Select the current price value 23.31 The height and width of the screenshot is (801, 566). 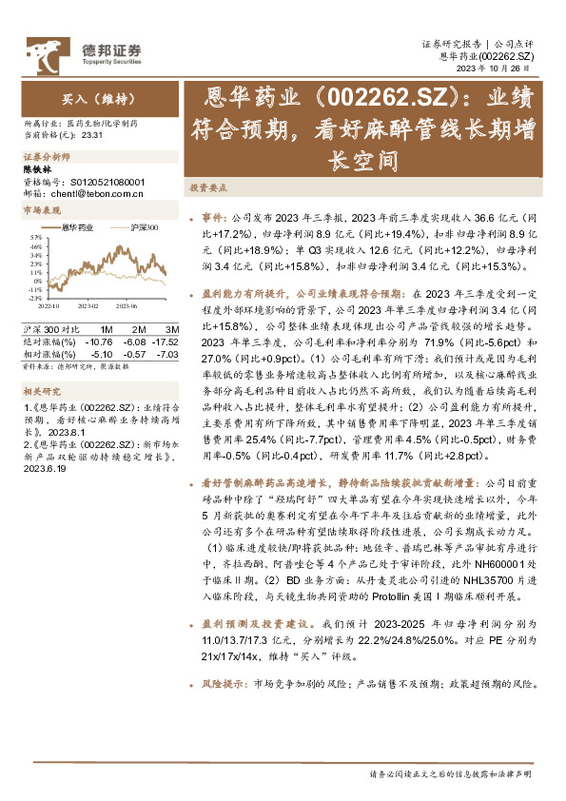point(92,136)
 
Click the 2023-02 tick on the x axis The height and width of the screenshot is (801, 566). point(88,306)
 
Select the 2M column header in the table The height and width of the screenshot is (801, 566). point(136,328)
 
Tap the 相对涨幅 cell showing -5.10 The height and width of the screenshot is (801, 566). point(101,353)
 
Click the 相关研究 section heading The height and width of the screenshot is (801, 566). point(42,390)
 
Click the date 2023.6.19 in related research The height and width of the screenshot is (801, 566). point(44,467)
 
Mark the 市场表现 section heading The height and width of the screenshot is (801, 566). point(42,209)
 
